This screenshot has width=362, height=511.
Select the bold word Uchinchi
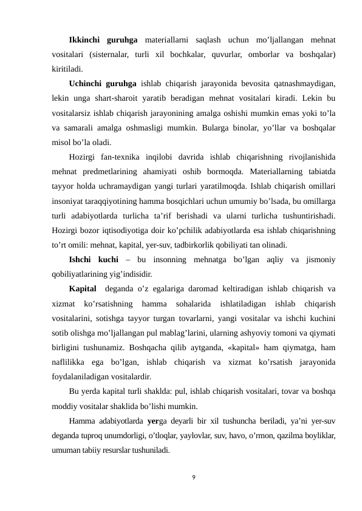pyautogui.click(x=85, y=84)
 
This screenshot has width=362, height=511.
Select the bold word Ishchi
pyautogui.click(x=83, y=260)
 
